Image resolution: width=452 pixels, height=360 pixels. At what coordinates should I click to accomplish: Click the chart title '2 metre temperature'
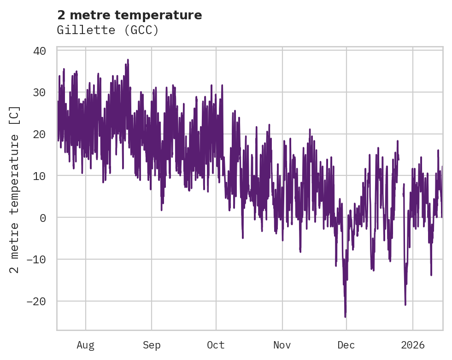click(x=129, y=15)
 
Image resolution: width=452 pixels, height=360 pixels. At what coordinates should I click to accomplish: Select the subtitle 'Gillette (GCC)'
click(x=108, y=30)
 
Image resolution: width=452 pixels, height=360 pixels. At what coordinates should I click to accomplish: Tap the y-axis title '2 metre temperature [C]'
click(x=15, y=190)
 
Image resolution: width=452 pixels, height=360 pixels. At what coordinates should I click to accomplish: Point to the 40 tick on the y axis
click(x=40, y=51)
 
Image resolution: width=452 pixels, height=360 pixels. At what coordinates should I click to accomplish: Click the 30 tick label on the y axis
click(x=40, y=93)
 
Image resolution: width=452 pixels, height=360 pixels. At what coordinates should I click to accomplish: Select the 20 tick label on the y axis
click(x=40, y=134)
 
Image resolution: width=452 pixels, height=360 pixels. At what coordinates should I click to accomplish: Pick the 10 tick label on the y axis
click(x=40, y=176)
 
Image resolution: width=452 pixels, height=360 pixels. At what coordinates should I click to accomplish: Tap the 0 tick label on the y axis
click(x=43, y=218)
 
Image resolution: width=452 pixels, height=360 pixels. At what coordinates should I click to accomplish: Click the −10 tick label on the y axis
click(x=36, y=260)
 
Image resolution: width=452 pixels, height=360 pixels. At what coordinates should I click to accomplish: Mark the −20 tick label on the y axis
click(x=36, y=302)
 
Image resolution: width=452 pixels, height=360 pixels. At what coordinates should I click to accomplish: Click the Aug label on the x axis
click(x=85, y=345)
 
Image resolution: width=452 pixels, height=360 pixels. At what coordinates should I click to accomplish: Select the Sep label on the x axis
click(x=151, y=345)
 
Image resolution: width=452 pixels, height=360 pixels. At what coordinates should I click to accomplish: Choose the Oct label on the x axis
click(x=216, y=345)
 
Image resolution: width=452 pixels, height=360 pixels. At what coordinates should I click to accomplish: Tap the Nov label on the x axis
click(x=282, y=345)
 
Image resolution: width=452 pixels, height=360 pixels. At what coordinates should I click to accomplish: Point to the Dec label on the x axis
click(x=346, y=345)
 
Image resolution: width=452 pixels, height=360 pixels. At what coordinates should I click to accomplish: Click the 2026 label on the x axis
click(x=412, y=345)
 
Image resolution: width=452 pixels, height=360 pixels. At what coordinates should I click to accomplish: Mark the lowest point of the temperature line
click(x=345, y=317)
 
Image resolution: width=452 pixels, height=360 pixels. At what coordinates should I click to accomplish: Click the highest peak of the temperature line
click(x=128, y=59)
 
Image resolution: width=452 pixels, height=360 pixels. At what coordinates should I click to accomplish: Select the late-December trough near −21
click(x=405, y=304)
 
